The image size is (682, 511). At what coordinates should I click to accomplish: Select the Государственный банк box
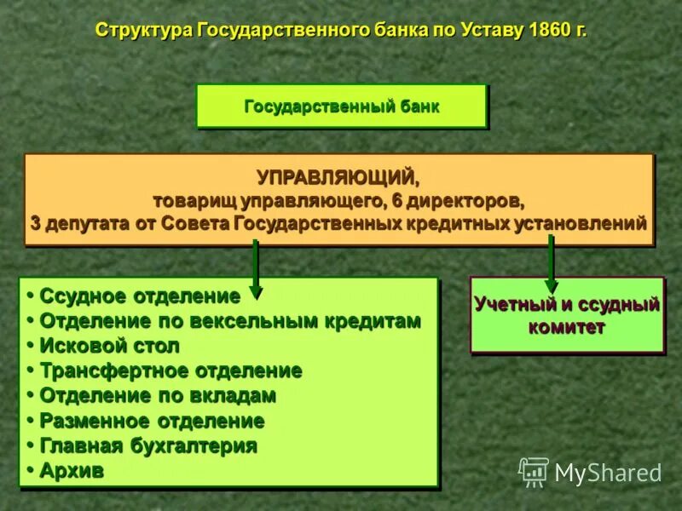click(342, 106)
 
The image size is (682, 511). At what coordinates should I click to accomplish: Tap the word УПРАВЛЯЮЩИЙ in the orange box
click(338, 178)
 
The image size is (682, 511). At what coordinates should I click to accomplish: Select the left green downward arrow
click(255, 269)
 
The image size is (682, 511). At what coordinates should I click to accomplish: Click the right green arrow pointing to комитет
click(551, 264)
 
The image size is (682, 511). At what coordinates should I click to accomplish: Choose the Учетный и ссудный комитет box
click(567, 315)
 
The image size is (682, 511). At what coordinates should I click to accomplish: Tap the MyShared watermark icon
click(534, 471)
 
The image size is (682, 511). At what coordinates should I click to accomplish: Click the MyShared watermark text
click(608, 473)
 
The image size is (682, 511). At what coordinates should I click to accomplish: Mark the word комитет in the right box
click(567, 327)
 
